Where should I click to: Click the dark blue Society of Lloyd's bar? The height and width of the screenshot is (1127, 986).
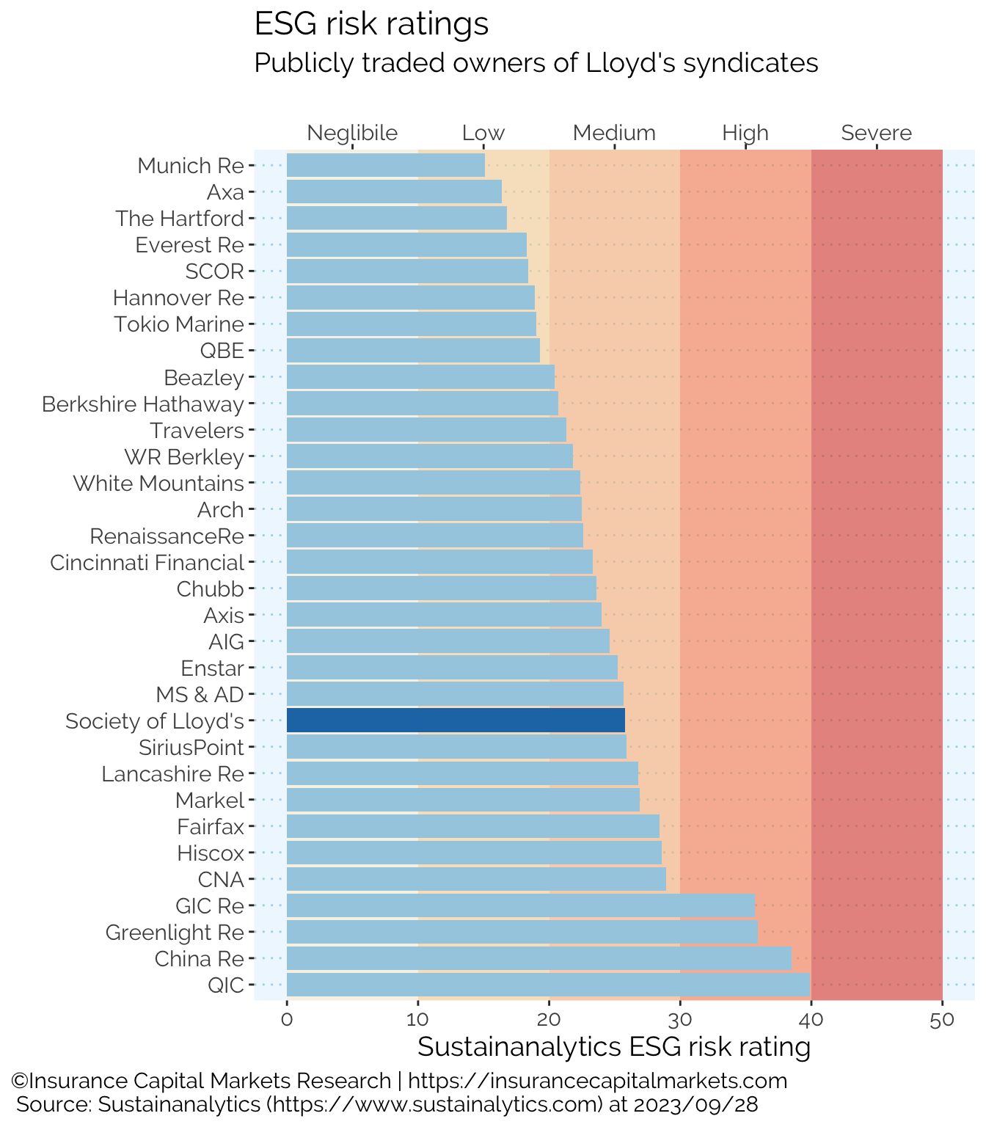pos(456,721)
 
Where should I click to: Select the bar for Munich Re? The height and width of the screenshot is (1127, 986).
pos(386,166)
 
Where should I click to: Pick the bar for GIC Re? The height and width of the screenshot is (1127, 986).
pos(521,905)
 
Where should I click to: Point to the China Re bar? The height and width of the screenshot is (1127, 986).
pos(539,958)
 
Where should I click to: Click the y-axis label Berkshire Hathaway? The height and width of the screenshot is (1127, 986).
pos(143,404)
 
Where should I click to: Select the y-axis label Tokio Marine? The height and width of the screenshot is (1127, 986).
pos(179,324)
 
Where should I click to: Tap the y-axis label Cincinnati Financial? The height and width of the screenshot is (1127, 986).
pos(147,563)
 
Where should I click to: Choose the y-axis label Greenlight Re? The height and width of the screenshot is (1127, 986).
pos(175,933)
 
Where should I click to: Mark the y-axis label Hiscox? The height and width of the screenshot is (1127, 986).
pos(211,853)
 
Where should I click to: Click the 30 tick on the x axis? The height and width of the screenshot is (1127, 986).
pos(680,1020)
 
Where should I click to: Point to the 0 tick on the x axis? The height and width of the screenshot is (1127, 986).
pos(287,1020)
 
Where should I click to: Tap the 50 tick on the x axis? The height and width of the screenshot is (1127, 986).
pos(942,1020)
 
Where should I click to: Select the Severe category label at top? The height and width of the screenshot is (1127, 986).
pos(876,133)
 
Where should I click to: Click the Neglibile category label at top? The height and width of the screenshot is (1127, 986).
pos(352,133)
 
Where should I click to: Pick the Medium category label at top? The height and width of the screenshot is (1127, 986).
pos(614,133)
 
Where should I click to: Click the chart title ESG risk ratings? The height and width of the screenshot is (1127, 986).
pos(371,24)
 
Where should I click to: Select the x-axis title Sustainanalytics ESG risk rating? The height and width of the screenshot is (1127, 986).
pos(614,1047)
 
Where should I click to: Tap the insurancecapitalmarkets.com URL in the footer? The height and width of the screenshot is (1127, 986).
pos(597,1081)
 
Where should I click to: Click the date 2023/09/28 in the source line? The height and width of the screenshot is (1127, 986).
pos(695,1104)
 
